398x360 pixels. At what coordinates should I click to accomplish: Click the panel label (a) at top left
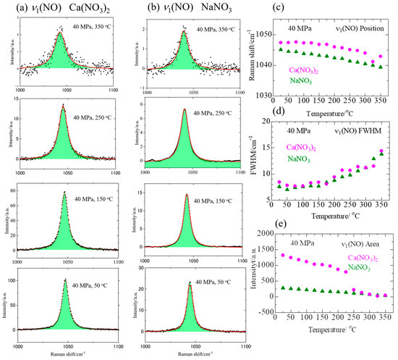[x=9, y=7]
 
